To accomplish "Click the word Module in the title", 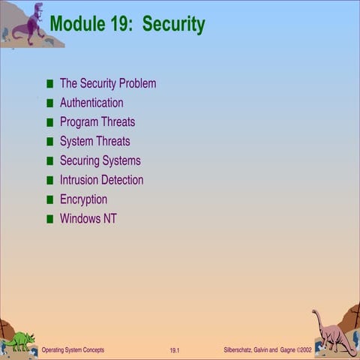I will (x=76, y=25).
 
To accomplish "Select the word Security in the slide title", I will (x=173, y=25).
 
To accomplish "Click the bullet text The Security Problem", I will (x=108, y=83).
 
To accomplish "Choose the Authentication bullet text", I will (x=91, y=103).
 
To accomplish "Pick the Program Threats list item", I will (x=97, y=122).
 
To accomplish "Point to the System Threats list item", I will (x=94, y=141).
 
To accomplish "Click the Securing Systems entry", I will (x=100, y=160).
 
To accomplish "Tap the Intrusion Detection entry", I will (x=101, y=180).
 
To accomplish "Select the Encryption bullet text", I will (x=83, y=199).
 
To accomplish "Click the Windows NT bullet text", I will (x=88, y=219).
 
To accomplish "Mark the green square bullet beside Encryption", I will (x=50, y=200).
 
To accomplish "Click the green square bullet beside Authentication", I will (x=50, y=103).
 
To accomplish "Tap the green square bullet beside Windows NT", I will (x=50, y=220).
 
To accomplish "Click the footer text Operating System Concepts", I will (x=73, y=350).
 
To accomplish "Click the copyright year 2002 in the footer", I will (x=304, y=350).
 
